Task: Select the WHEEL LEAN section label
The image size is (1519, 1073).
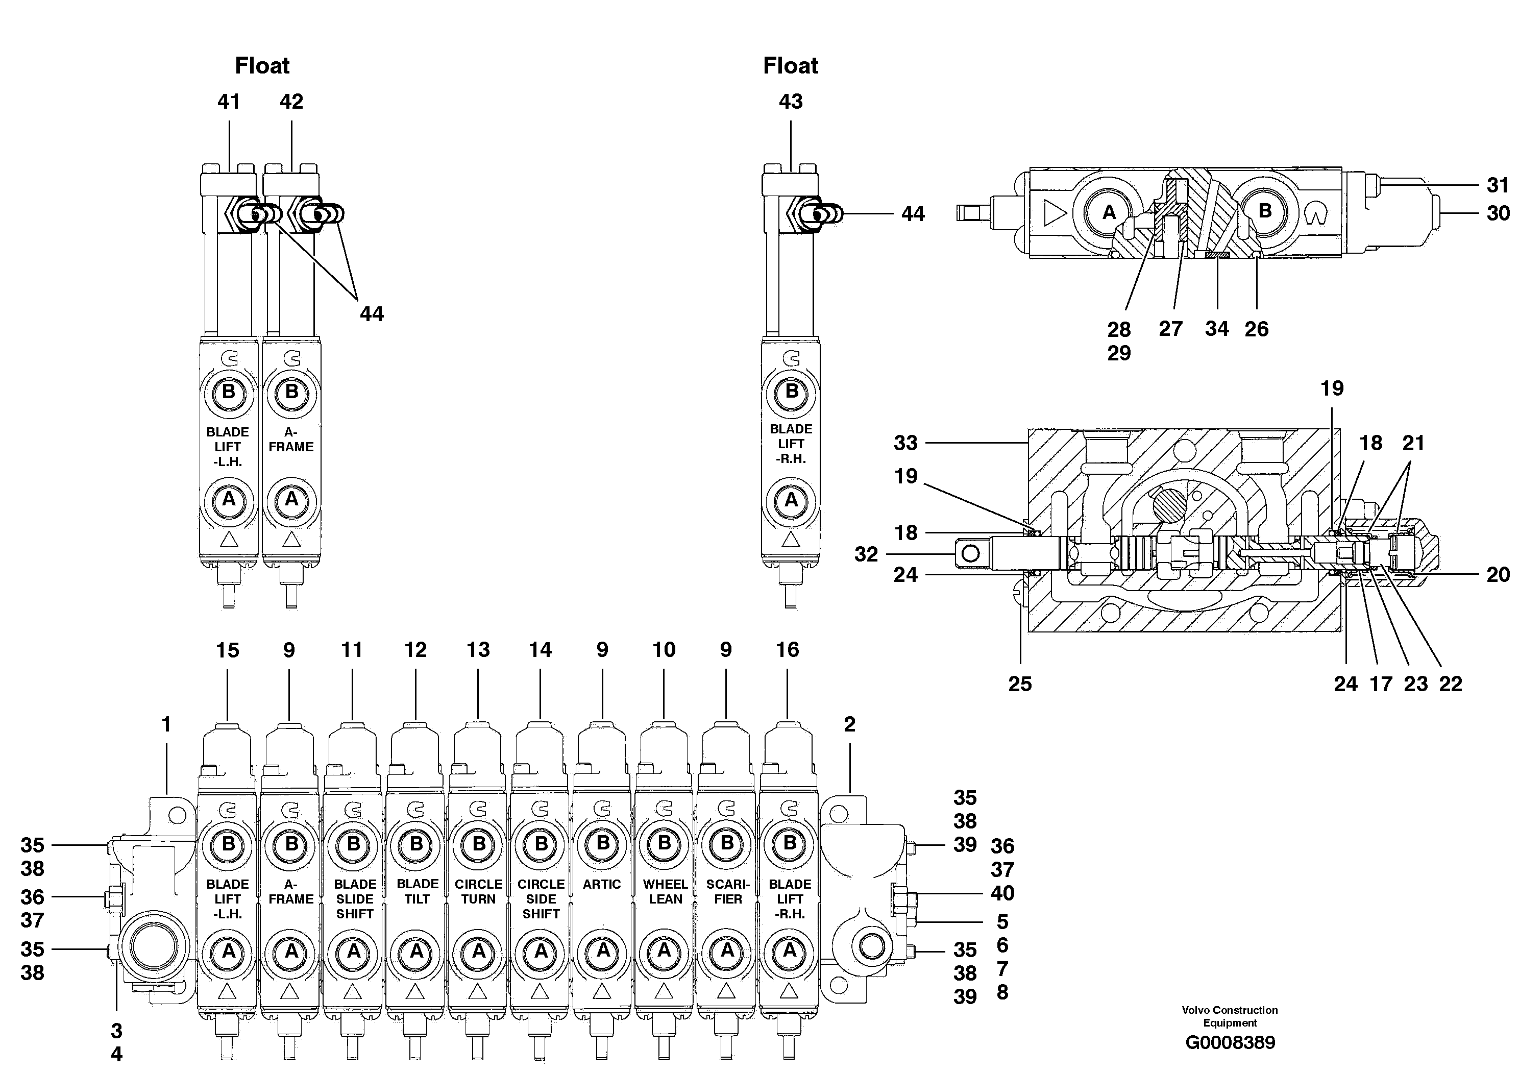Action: (x=665, y=891)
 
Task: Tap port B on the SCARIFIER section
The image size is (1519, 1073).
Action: (x=727, y=843)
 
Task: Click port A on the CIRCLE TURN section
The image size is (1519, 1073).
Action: (x=478, y=952)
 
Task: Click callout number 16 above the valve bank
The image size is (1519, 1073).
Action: (x=787, y=650)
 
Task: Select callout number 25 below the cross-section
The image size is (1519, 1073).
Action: (x=1019, y=684)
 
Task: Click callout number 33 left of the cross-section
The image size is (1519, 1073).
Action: (x=905, y=443)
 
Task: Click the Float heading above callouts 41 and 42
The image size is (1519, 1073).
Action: (x=262, y=65)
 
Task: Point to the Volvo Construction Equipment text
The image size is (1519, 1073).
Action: (x=1230, y=1016)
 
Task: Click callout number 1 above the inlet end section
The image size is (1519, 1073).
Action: (x=167, y=724)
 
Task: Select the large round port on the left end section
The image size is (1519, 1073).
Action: (x=154, y=946)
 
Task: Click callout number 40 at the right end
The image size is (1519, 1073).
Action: (x=1002, y=893)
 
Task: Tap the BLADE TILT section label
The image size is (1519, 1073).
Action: (x=417, y=891)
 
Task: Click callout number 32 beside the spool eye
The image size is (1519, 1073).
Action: (x=866, y=554)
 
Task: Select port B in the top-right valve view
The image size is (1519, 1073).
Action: (x=1264, y=211)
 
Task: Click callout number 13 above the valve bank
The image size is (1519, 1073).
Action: (x=478, y=650)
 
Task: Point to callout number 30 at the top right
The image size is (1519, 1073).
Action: (x=1498, y=213)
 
